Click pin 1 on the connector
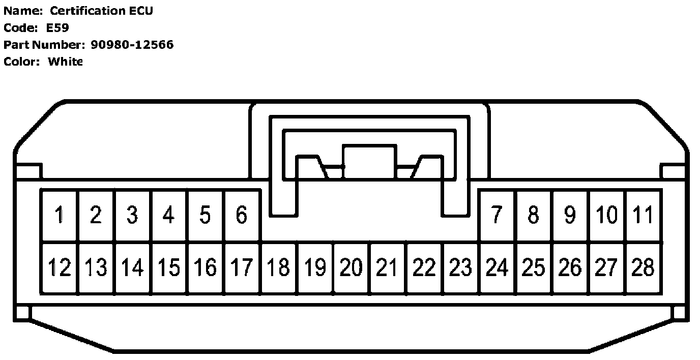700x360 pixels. pos(60,216)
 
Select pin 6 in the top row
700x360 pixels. pos(242,216)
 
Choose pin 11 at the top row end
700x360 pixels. pos(643,216)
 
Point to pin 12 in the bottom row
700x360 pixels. pos(60,267)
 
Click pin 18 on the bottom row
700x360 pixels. pos(278,267)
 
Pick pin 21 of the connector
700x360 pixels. pos(388,267)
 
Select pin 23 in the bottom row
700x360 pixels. pos(461,267)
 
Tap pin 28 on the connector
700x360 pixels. pos(643,267)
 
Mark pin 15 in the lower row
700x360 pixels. pos(169,267)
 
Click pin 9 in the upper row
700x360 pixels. pos(570,216)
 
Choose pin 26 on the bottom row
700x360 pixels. pos(570,267)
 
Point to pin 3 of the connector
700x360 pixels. pos(132,216)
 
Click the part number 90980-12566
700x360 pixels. pos(132,45)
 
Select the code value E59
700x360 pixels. pos(57,28)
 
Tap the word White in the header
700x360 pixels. pos(65,62)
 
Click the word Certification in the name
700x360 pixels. pos(86,11)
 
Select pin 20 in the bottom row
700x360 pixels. pos(351,267)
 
